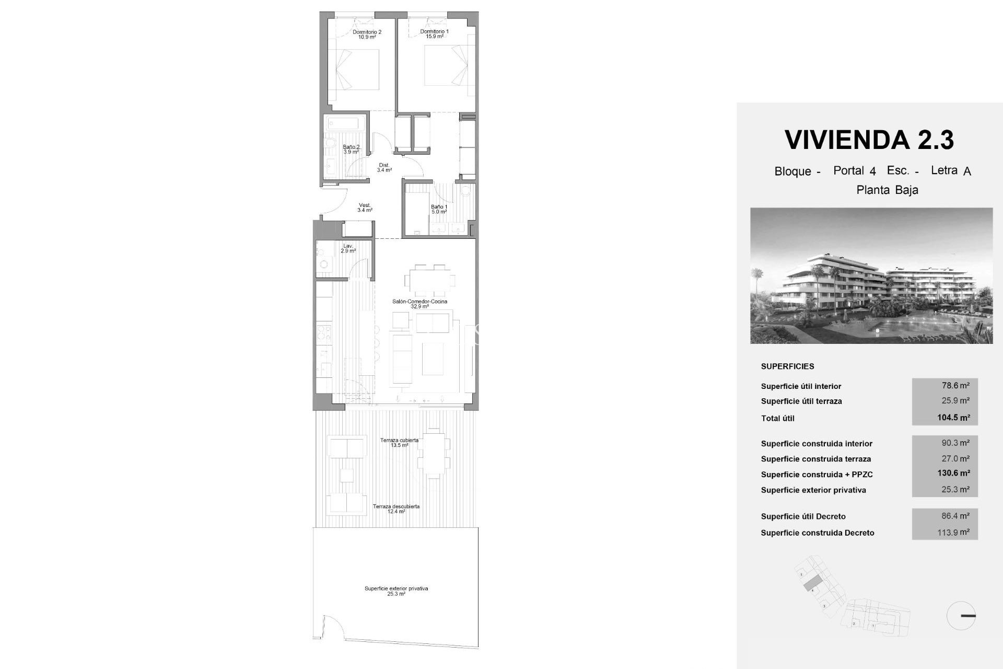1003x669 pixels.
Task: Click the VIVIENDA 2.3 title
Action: coord(869,140)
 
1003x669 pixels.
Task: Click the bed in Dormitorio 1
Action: coord(444,66)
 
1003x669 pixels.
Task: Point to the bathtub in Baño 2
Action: coord(345,125)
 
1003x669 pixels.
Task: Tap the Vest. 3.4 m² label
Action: coord(365,207)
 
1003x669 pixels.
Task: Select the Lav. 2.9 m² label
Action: coord(348,248)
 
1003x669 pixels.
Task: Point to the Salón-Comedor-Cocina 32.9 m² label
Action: coord(419,304)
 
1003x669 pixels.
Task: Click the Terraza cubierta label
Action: coord(399,443)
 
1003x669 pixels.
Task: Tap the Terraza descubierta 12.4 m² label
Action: coord(396,509)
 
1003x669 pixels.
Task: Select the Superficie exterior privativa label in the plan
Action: coord(396,591)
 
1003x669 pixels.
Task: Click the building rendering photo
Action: coord(871,275)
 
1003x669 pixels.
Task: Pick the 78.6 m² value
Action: coord(955,386)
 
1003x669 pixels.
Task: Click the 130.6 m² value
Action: coord(953,474)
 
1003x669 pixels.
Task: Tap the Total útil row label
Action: coord(777,418)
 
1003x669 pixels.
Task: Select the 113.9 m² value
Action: coord(955,532)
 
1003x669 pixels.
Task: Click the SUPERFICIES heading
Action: coord(787,366)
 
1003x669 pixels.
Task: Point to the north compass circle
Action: coord(961,616)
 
